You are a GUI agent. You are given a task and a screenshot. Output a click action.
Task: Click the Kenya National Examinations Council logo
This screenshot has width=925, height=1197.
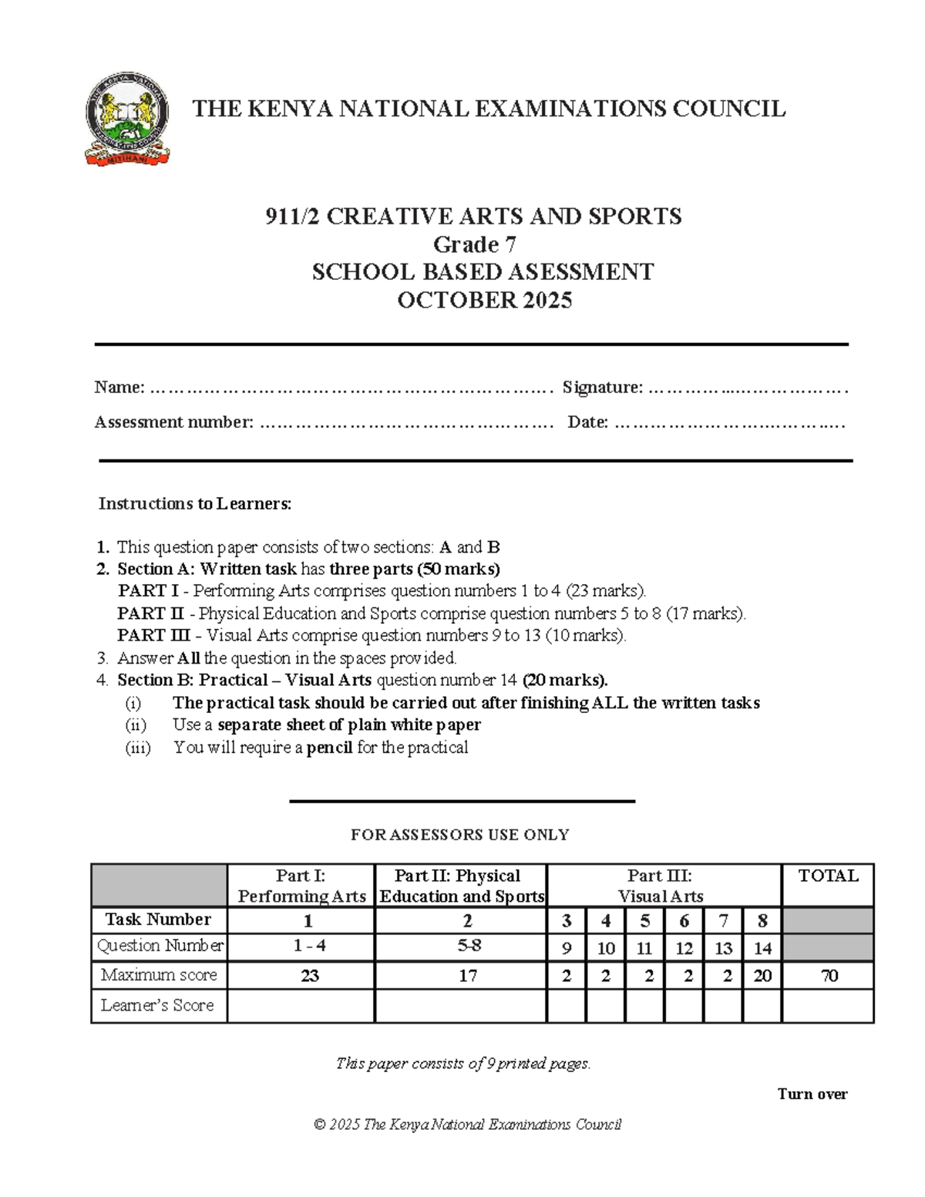tap(127, 119)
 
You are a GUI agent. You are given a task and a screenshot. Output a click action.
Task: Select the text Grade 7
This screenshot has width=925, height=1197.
tap(474, 244)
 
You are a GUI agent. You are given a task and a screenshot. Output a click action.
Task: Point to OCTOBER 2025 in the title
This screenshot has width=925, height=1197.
tap(484, 300)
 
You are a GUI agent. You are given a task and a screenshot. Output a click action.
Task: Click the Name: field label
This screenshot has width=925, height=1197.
tap(119, 387)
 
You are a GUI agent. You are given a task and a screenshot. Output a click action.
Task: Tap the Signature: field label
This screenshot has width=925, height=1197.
tap(602, 387)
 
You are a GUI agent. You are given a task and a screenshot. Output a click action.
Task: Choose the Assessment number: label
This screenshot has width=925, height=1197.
tap(173, 422)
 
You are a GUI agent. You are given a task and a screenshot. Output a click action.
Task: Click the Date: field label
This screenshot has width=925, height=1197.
tap(587, 422)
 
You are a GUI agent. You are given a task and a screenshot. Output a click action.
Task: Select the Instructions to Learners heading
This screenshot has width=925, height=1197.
tap(195, 504)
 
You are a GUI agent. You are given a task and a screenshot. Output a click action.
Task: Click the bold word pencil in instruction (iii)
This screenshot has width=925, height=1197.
tap(329, 747)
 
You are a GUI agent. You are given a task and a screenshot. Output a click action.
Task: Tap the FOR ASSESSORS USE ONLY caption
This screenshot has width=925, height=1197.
tap(459, 835)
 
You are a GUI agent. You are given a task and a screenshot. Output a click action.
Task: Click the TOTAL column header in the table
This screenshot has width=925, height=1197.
tap(828, 876)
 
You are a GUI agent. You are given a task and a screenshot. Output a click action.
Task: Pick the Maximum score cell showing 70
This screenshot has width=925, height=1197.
tap(829, 976)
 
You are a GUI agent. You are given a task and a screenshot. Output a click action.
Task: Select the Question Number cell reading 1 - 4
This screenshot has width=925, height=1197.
tap(309, 947)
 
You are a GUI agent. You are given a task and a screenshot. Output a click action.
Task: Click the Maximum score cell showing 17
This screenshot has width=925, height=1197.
tap(467, 976)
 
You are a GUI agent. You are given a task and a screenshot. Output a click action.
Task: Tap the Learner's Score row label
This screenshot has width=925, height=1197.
tap(157, 1005)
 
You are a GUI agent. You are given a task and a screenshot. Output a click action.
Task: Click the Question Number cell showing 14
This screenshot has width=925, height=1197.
tap(762, 948)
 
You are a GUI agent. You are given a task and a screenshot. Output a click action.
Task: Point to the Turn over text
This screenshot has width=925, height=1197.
tap(812, 1094)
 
